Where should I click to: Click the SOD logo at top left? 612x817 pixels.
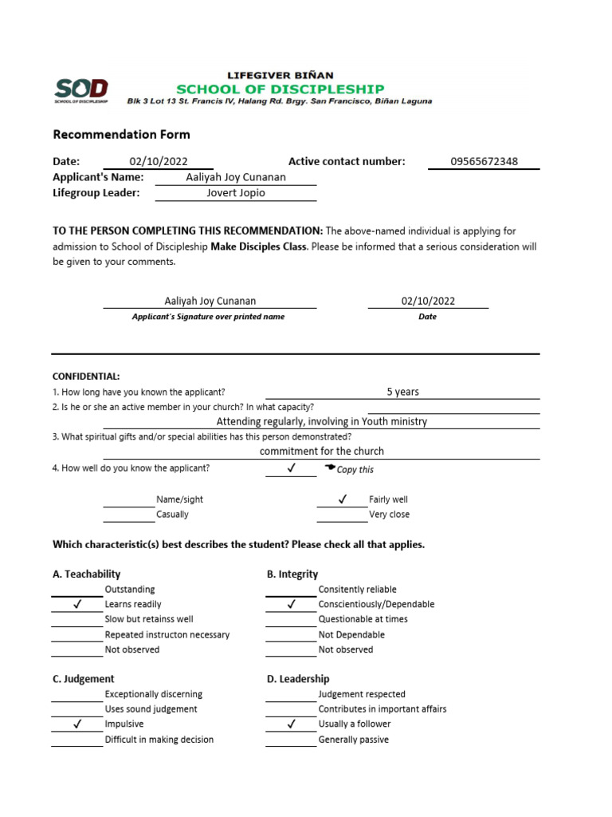coord(80,90)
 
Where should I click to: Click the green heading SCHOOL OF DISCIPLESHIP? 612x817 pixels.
coord(280,89)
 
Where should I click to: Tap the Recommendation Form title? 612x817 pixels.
coord(121,134)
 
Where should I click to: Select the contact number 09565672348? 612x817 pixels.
coord(484,161)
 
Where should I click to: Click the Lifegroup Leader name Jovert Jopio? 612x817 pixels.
coord(236,192)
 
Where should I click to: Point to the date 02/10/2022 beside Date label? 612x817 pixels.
coord(159,161)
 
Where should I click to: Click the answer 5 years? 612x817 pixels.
coord(402,392)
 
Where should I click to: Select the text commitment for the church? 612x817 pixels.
coord(322,451)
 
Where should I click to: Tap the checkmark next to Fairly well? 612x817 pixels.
coord(342,499)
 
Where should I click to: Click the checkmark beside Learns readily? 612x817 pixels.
coord(77,605)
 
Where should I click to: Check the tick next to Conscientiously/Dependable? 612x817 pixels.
coord(291,605)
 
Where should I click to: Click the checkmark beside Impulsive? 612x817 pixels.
coord(77,724)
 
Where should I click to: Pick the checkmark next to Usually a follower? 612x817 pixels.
coord(291,724)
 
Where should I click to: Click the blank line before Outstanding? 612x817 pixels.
coord(77,594)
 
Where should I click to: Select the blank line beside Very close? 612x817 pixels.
coord(342,519)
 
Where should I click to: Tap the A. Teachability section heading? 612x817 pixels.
coord(86,574)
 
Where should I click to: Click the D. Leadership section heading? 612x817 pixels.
coord(298,679)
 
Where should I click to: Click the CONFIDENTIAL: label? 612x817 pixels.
coord(86,376)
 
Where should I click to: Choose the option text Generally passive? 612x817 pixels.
coord(354,740)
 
